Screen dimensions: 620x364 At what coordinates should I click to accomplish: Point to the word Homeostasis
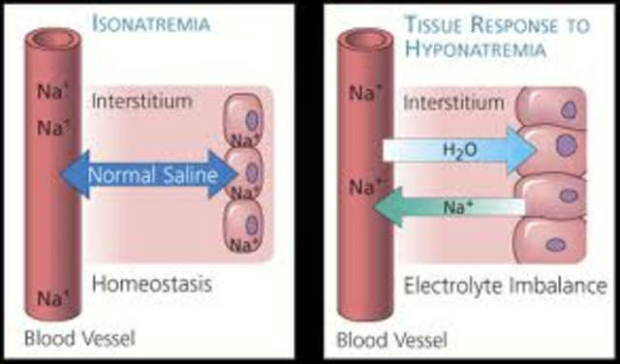coord(153,285)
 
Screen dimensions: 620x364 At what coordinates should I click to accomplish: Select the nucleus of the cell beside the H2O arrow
coord(563,147)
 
